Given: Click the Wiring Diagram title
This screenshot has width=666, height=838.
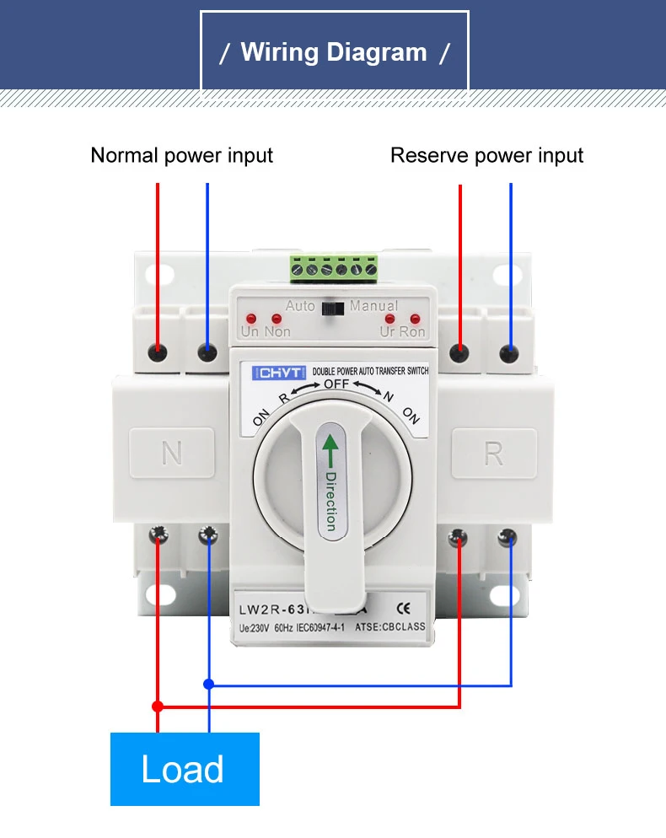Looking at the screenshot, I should (334, 52).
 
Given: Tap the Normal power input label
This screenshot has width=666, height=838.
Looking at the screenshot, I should (181, 156).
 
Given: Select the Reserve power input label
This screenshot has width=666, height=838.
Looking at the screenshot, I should (486, 156).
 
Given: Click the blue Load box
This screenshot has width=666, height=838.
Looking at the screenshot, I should (185, 769).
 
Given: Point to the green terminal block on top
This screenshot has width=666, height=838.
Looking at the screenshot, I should (334, 269).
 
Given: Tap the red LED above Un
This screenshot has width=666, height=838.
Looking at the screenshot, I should (250, 319).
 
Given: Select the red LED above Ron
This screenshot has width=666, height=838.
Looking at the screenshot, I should (414, 319).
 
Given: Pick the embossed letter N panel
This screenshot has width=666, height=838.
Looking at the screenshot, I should (171, 454).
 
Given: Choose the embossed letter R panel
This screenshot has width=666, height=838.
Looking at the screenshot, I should (494, 454).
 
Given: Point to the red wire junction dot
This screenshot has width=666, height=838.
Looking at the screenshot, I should (157, 705).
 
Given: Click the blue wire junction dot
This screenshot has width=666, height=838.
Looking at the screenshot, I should (208, 685).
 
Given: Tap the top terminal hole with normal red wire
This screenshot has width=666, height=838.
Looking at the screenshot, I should (158, 352).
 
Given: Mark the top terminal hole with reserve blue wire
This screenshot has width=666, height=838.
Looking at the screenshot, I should (509, 352).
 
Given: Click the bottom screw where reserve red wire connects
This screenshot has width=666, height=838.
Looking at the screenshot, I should (459, 534).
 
